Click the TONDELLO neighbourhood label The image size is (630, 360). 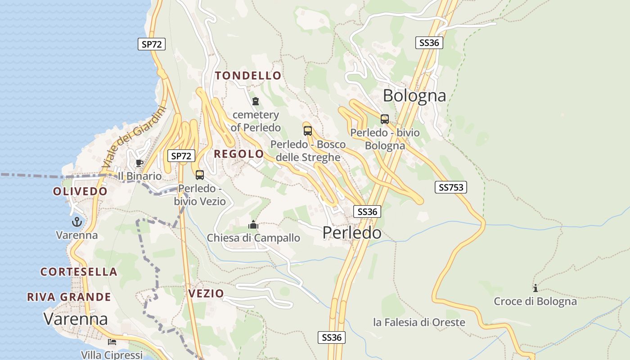tap(248, 76)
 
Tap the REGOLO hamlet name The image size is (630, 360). tap(238, 154)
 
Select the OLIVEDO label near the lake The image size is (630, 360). tap(80, 191)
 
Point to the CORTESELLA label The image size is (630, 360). tap(79, 272)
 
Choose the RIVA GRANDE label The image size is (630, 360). tap(69, 297)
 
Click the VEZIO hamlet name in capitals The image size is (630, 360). tap(206, 294)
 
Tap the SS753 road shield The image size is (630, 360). tap(450, 187)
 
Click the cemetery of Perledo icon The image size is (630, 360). tap(256, 101)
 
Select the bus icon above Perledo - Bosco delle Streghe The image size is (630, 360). tap(308, 131)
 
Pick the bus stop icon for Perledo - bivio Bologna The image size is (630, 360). tap(384, 119)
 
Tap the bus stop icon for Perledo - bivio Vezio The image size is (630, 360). tap(200, 175)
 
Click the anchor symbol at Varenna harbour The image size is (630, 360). tap(77, 222)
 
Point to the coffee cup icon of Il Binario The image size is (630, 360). tap(139, 163)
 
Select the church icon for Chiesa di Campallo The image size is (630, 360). tap(253, 224)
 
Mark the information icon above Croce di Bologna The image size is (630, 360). tap(535, 288)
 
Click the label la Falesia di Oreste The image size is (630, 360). tap(419, 322)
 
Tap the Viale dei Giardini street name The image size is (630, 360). tap(134, 137)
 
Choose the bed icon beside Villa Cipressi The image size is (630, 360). tap(112, 342)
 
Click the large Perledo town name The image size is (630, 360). tap(352, 232)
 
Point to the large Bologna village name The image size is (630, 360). tap(414, 95)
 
